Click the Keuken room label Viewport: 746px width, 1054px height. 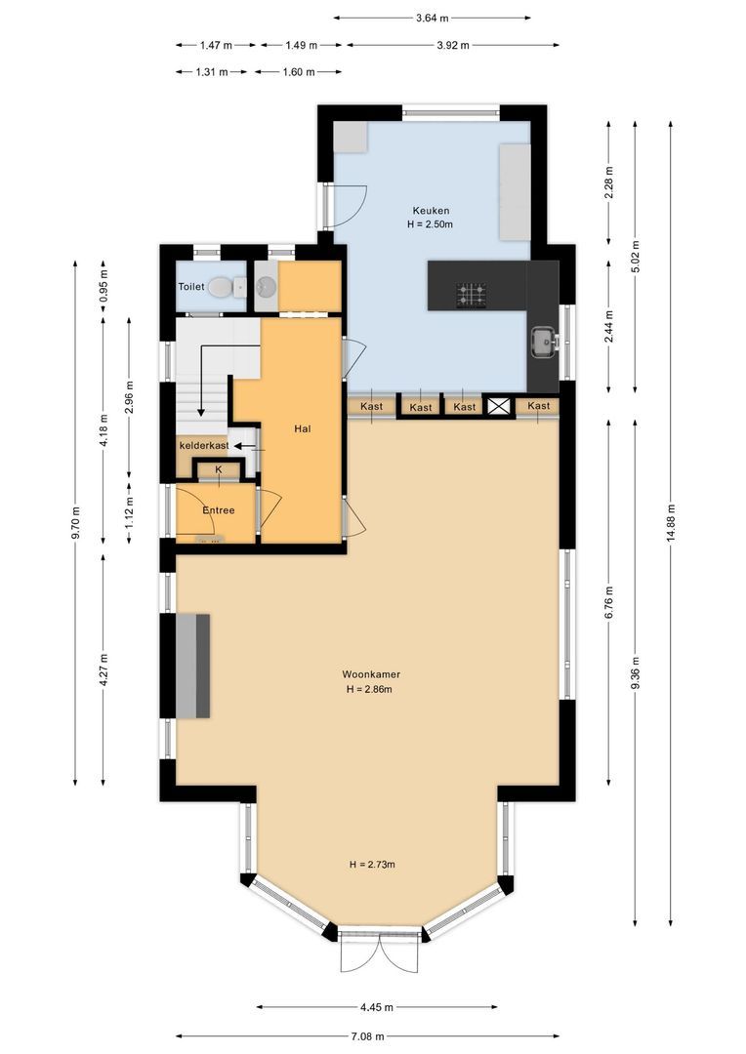(x=431, y=210)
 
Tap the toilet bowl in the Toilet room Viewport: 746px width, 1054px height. (x=222, y=287)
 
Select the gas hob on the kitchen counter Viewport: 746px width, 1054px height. (x=472, y=294)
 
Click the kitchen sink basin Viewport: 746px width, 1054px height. (x=543, y=342)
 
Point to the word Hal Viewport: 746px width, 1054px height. (x=303, y=427)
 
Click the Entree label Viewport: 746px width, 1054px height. (x=218, y=510)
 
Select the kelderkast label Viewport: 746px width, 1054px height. (x=203, y=445)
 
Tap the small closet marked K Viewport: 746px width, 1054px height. (x=219, y=470)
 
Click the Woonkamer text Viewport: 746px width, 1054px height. (x=371, y=674)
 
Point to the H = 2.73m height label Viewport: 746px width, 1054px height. (x=371, y=865)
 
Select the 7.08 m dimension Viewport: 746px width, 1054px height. (x=368, y=1036)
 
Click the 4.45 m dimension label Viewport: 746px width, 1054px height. (x=376, y=1007)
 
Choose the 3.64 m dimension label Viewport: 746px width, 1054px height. (x=432, y=18)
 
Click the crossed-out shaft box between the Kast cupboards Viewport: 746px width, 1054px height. (x=499, y=407)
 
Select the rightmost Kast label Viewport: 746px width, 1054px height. (x=538, y=406)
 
